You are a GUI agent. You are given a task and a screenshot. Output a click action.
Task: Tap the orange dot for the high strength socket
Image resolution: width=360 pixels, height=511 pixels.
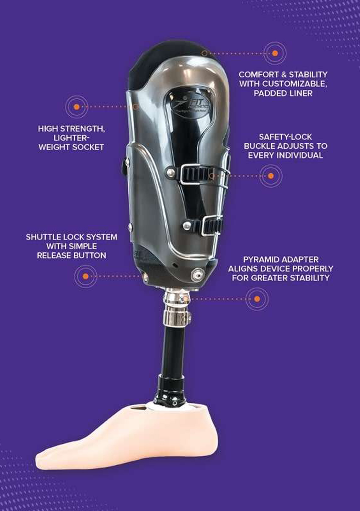[77, 107]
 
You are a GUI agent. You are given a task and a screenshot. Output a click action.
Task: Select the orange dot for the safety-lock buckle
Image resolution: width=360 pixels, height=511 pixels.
[271, 176]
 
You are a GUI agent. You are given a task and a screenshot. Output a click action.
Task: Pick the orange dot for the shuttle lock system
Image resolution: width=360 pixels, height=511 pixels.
[85, 276]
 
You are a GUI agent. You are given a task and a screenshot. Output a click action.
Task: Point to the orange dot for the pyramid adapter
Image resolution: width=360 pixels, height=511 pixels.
[257, 299]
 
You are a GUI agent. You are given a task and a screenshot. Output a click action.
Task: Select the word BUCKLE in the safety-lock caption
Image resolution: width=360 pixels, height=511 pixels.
[259, 146]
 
